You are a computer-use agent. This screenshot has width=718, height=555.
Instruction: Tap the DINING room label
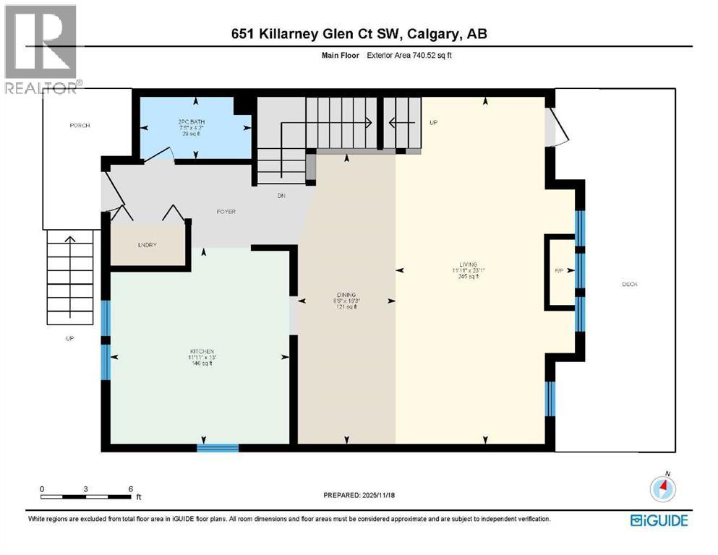point(346,294)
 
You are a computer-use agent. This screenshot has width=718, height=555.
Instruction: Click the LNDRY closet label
point(148,245)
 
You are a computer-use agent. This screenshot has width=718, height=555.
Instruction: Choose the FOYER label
point(226,212)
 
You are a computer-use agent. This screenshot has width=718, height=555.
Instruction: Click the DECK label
point(629,284)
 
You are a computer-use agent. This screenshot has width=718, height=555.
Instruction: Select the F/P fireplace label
point(559,271)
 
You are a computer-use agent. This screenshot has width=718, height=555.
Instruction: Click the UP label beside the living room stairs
point(434,123)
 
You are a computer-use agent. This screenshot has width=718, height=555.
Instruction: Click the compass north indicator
point(662,488)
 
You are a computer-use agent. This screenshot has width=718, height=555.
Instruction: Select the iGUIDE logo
point(658,520)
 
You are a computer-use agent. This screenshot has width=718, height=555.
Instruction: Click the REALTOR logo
point(40,48)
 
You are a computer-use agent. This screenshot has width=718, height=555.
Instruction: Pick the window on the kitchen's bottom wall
point(218,448)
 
